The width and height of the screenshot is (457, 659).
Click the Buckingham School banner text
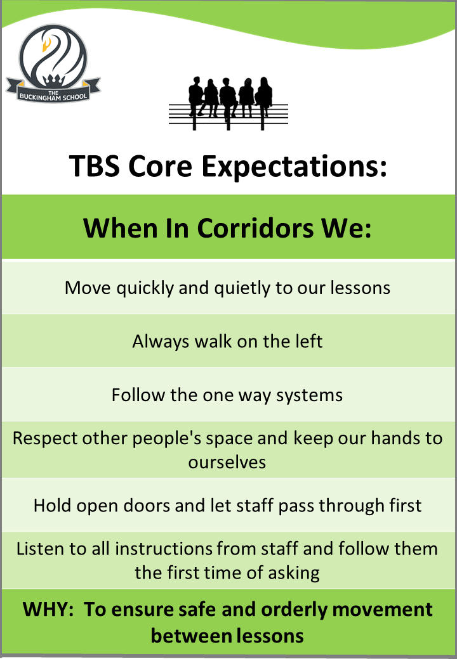53,96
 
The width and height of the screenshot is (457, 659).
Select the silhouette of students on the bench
228,103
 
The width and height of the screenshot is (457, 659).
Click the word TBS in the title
95,166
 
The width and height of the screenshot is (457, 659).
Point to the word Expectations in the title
294,167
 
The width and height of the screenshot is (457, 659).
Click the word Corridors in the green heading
255,229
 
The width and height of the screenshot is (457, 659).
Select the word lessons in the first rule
361,288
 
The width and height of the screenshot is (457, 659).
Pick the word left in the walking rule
308,342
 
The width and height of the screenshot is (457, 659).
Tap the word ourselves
227,463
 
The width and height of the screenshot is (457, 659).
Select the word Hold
53,506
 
